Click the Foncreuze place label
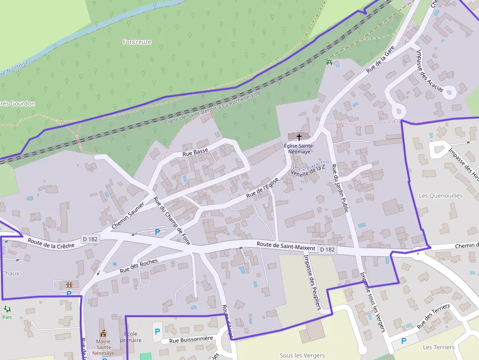point(137,42)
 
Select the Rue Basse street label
point(195,153)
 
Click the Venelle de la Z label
point(308,170)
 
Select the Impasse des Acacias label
point(429,70)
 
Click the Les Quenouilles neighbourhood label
point(440,195)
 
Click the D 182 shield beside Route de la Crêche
point(91,239)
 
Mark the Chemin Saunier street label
point(128,215)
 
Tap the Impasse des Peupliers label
point(311,282)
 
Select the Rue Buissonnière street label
point(191,339)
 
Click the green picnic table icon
point(329,63)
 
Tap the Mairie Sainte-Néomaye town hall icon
point(103,333)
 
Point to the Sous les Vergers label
point(302,355)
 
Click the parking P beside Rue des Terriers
point(404,341)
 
